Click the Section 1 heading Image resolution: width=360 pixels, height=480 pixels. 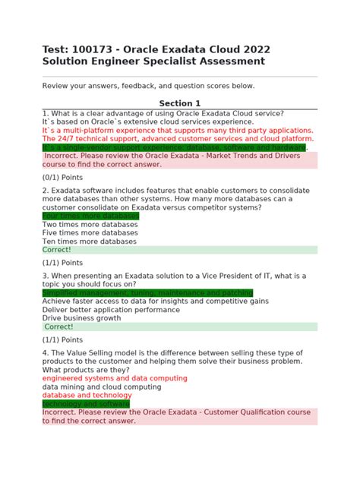179,103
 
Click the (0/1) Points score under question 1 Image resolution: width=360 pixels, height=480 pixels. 62,177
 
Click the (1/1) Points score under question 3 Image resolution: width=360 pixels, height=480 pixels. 62,339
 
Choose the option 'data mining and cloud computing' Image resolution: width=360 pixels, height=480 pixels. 102,387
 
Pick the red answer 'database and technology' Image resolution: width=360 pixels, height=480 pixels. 87,396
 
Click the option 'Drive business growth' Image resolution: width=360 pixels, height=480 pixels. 81,318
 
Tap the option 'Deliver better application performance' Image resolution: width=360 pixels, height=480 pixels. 111,310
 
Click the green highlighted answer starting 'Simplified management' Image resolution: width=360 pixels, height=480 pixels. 147,293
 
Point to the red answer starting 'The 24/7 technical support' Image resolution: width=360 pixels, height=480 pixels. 178,139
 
